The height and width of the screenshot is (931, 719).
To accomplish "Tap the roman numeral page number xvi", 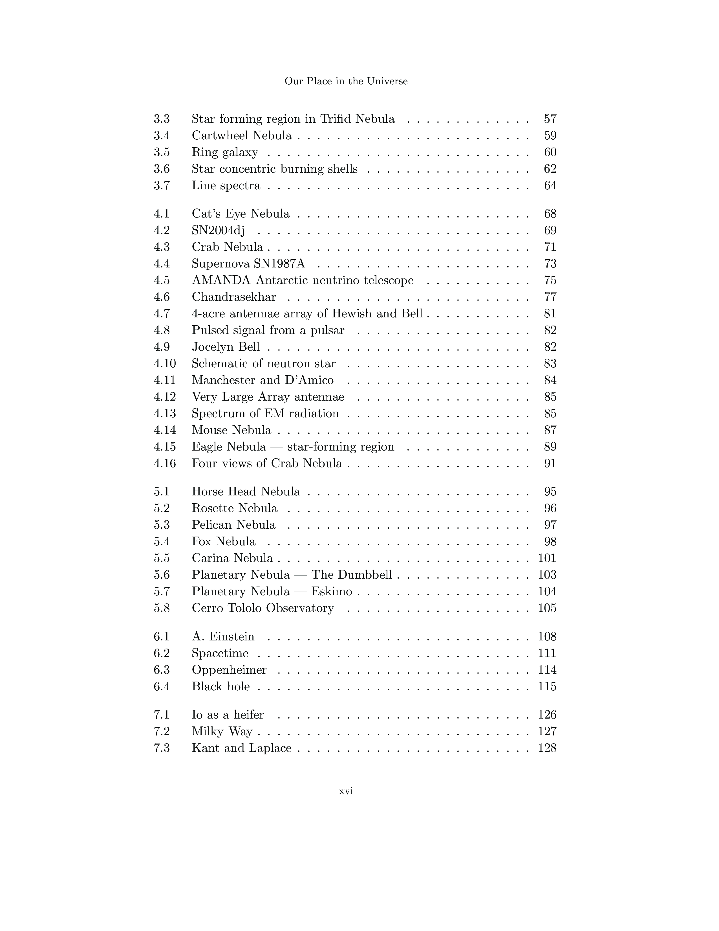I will pyautogui.click(x=346, y=791).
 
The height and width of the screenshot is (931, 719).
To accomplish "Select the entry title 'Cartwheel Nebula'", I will pyautogui.click(x=242, y=135).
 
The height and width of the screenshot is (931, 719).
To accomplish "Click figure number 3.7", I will pyautogui.click(x=162, y=185).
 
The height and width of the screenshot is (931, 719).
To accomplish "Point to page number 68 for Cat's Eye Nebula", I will pyautogui.click(x=550, y=214).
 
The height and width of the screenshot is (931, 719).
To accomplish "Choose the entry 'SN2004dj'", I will pyautogui.click(x=218, y=230).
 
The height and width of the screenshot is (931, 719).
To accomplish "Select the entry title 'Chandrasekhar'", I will pyautogui.click(x=233, y=297).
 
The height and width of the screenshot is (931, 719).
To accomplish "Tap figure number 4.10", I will pyautogui.click(x=164, y=364).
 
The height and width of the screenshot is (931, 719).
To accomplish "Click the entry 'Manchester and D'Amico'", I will pyautogui.click(x=263, y=380).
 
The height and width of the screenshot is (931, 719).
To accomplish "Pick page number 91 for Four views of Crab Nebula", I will pyautogui.click(x=550, y=463).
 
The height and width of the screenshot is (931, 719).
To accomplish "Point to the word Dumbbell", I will pyautogui.click(x=364, y=575).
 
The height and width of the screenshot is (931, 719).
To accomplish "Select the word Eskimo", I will pyautogui.click(x=331, y=591).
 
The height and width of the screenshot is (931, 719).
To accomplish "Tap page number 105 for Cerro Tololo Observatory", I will pyautogui.click(x=547, y=608).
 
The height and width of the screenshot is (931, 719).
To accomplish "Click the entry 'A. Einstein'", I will pyautogui.click(x=223, y=636).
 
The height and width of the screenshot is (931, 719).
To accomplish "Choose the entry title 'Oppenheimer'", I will pyautogui.click(x=229, y=670).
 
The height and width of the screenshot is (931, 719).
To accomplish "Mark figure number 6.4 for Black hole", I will pyautogui.click(x=162, y=686).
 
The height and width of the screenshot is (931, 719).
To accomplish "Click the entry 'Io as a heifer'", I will pyautogui.click(x=228, y=715).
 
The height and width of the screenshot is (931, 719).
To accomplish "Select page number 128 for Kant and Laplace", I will pyautogui.click(x=547, y=748).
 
